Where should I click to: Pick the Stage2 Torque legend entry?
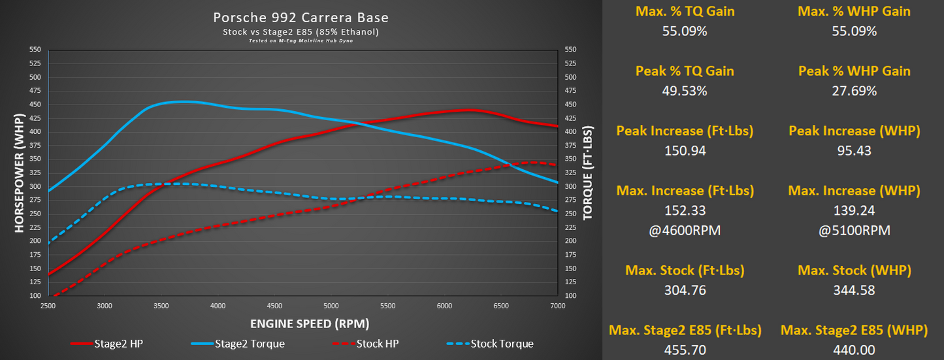(238, 344)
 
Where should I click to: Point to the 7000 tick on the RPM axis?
(558, 306)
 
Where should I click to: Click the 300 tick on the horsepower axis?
(35, 186)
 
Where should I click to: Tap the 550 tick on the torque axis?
(570, 50)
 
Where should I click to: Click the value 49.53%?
(684, 91)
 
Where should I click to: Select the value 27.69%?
(854, 91)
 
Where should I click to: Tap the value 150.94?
(684, 151)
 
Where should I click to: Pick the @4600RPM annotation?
(684, 231)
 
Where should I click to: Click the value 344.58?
(854, 290)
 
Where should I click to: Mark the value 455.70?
(684, 350)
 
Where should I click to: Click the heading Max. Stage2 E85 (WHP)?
(854, 331)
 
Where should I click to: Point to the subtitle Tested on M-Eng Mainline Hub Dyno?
(304, 41)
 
